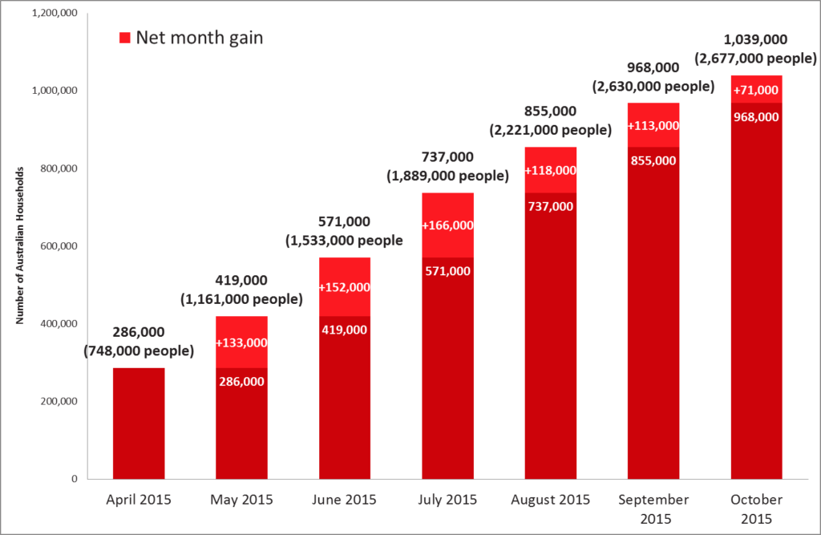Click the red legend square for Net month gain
click(x=124, y=38)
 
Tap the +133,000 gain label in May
click(x=241, y=342)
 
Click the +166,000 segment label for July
click(x=447, y=226)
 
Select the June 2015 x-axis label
click(x=345, y=500)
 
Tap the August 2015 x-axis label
click(x=550, y=500)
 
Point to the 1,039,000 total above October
click(x=755, y=39)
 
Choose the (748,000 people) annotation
click(x=139, y=351)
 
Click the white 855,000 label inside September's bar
click(x=653, y=160)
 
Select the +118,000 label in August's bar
click(x=550, y=171)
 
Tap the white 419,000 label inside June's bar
click(x=345, y=330)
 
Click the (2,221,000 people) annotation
click(x=550, y=129)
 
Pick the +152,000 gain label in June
click(x=345, y=287)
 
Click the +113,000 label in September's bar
click(x=653, y=126)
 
